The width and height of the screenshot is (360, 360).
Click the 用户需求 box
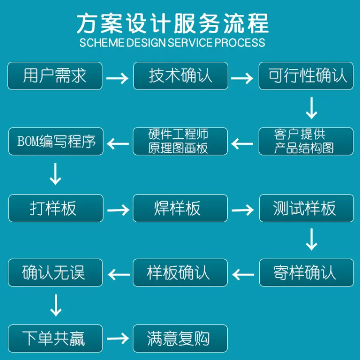55,76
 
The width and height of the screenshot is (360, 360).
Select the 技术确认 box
180,76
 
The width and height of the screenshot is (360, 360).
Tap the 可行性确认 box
306,76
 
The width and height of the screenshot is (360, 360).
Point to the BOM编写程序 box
56,141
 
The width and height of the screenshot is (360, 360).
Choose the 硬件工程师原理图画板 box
180,141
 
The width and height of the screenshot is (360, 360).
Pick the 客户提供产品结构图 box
306,141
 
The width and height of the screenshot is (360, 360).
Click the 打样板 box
56,208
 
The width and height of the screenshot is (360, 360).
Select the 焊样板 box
180,208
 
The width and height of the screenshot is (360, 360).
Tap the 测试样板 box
307,208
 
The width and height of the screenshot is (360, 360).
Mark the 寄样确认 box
307,273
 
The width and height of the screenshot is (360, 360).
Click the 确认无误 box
56,273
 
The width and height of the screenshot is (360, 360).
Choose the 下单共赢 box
56,338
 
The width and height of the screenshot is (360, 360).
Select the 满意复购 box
180,338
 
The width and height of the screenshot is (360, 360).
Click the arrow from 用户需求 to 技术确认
117,78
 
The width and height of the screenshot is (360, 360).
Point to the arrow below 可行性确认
312,108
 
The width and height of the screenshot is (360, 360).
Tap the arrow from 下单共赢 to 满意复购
118,338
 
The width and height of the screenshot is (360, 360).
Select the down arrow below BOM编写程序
55,174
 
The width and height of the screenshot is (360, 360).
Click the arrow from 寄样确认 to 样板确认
243,275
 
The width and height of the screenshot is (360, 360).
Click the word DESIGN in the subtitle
146,43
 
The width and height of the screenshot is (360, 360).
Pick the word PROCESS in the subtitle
240,43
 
